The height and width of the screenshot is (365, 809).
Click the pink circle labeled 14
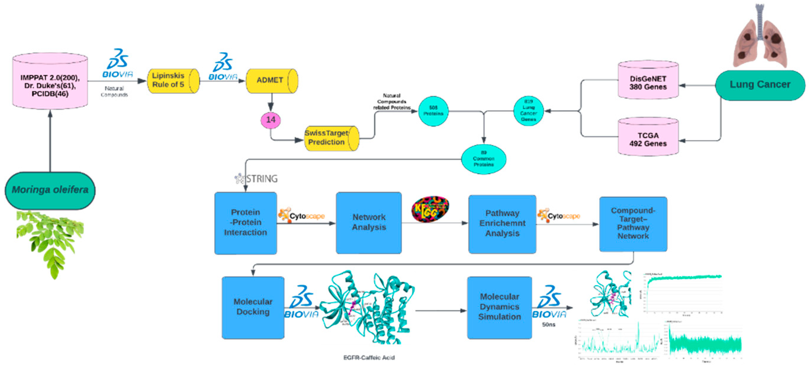tap(270, 120)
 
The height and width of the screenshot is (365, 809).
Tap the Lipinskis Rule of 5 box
tap(173, 81)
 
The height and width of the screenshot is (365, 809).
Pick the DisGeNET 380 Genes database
tap(648, 82)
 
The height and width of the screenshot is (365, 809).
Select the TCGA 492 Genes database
tap(648, 139)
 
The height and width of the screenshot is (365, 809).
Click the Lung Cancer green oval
tap(760, 85)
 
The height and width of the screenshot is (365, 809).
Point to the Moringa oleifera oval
tap(50, 190)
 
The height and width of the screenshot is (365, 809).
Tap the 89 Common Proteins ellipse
tap(483, 159)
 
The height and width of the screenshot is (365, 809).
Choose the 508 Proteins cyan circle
tap(433, 111)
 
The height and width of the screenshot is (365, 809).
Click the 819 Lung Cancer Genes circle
tap(528, 111)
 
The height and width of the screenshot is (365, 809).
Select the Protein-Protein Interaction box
tap(245, 223)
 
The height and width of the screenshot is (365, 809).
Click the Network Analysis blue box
tap(369, 222)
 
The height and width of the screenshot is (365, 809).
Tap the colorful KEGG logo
tap(430, 209)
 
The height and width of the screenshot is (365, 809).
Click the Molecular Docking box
tap(253, 307)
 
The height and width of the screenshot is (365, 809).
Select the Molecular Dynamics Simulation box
tap(499, 307)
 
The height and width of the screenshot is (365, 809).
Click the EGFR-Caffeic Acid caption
tap(369, 358)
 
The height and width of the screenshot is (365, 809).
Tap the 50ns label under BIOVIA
tap(548, 324)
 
